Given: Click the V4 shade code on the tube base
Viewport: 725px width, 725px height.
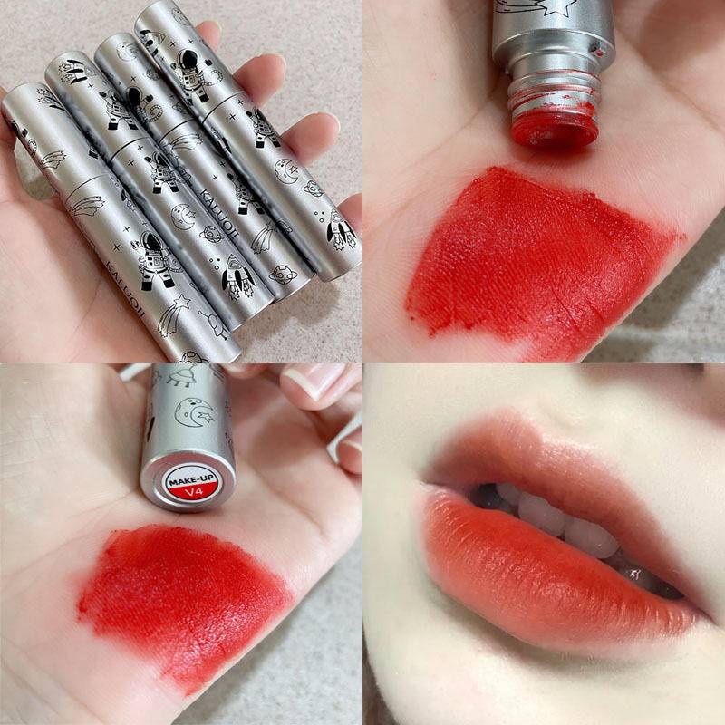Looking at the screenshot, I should [193, 492].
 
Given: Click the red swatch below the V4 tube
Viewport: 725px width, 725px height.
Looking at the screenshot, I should [181, 598].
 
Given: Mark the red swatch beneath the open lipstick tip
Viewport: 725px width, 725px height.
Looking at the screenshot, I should [535, 263].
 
